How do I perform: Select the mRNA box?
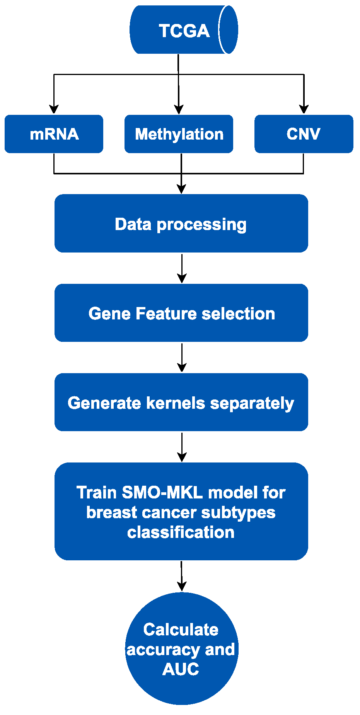(x=54, y=134)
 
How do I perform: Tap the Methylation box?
(x=179, y=134)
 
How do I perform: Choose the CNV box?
(x=304, y=134)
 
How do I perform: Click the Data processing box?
(x=181, y=224)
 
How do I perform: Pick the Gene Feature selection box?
(x=181, y=313)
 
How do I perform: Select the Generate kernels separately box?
(x=181, y=403)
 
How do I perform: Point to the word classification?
(x=181, y=532)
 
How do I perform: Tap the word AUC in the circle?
(x=181, y=669)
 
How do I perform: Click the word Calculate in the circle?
(x=181, y=630)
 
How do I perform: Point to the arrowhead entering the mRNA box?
(x=54, y=109)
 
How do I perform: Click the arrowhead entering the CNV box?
(x=304, y=109)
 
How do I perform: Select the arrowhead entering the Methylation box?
(x=179, y=109)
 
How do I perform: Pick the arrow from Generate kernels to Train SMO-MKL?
(x=182, y=448)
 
